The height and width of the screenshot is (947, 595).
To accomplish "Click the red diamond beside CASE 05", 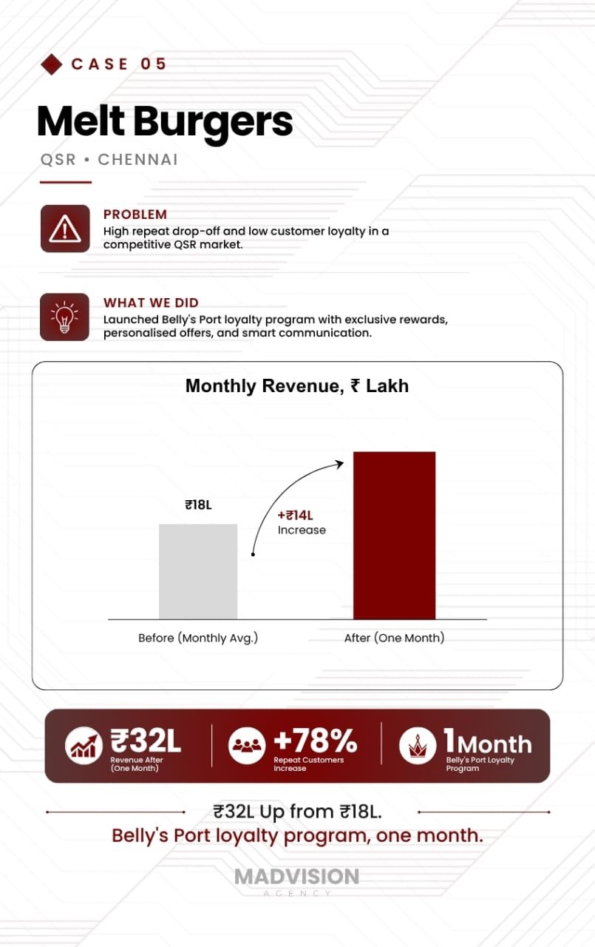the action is click(52, 64).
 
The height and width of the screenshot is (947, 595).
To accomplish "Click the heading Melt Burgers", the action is click(165, 122).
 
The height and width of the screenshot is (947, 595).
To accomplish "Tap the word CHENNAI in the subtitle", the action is click(138, 160).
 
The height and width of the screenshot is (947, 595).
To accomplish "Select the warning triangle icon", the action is click(65, 229).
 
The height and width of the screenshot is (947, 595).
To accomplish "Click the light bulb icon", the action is click(64, 317).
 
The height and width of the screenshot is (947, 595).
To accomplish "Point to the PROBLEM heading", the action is click(135, 215).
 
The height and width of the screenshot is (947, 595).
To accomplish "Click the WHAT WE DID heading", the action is click(151, 303).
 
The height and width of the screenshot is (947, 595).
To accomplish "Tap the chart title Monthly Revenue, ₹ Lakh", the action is click(297, 386).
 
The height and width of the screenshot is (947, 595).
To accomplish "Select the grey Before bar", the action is click(198, 572).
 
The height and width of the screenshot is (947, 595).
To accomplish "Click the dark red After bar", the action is click(395, 536).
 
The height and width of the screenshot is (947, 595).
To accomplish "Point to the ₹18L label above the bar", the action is click(198, 505).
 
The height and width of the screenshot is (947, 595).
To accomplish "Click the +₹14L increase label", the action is click(295, 516).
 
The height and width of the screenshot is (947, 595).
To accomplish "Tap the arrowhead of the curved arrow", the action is click(340, 464).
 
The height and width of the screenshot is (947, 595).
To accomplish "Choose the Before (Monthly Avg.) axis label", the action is click(198, 638).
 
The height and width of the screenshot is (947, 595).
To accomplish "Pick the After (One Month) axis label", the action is click(395, 638).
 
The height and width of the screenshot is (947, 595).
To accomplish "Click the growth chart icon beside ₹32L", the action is click(84, 746).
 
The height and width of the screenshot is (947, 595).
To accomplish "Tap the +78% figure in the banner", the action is click(316, 741).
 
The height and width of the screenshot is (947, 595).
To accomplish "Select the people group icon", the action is click(247, 746).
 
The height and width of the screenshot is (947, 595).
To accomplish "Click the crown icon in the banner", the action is click(418, 746).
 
